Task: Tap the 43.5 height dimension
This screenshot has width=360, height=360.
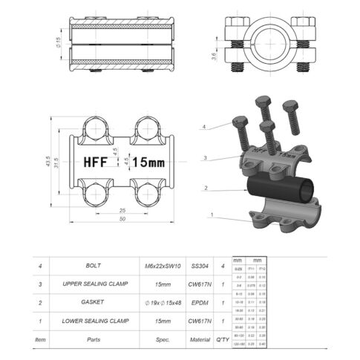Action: pyautogui.click(x=47, y=162)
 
